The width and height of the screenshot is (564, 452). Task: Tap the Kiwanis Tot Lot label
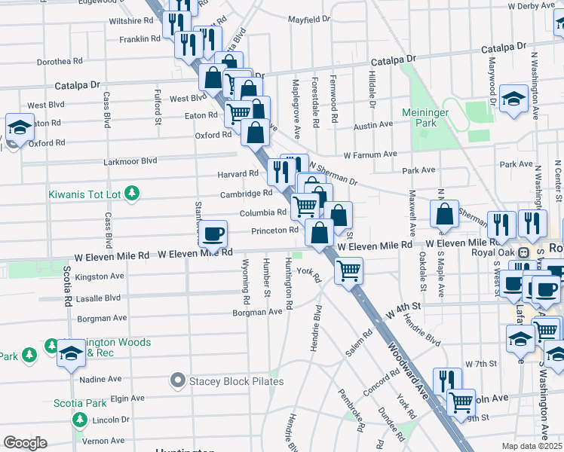pos(84,194)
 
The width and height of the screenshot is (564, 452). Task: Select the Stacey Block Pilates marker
pos(178,381)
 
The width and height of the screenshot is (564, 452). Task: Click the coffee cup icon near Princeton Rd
pos(214,234)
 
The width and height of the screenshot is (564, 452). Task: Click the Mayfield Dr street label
pos(308,19)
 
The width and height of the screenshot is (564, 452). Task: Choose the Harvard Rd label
pos(238,174)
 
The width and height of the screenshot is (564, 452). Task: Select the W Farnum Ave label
pos(369,154)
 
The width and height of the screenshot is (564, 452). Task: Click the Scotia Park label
pos(80,403)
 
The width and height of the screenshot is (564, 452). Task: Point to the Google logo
pos(25,443)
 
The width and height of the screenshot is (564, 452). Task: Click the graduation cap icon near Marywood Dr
pos(513,99)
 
